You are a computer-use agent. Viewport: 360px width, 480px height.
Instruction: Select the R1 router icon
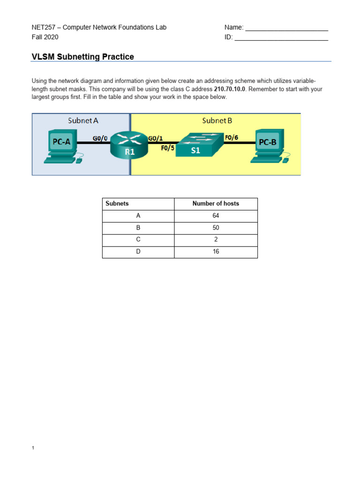click(129, 145)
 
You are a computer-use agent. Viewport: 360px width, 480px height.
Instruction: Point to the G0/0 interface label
click(100, 138)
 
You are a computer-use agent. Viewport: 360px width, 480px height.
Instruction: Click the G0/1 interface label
click(156, 138)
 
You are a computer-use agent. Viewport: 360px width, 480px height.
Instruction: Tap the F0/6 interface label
click(232, 138)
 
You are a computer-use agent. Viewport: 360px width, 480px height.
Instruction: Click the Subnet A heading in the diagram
click(83, 120)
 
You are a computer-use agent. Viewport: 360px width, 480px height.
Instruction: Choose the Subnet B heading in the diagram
click(217, 120)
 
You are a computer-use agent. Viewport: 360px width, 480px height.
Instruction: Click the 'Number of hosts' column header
click(216, 203)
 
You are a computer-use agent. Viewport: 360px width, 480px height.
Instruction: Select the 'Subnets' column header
click(117, 203)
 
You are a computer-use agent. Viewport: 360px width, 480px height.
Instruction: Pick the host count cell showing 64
click(216, 216)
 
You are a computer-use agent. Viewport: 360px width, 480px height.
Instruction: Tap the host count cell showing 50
click(216, 228)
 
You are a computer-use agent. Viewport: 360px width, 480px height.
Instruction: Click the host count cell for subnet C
click(216, 240)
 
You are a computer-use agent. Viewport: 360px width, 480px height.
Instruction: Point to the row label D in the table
click(138, 252)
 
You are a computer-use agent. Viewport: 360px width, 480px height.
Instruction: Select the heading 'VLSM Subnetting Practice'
click(82, 57)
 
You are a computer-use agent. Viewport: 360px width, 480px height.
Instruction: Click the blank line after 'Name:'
click(286, 28)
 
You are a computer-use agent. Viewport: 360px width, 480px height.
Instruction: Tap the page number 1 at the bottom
click(33, 448)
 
